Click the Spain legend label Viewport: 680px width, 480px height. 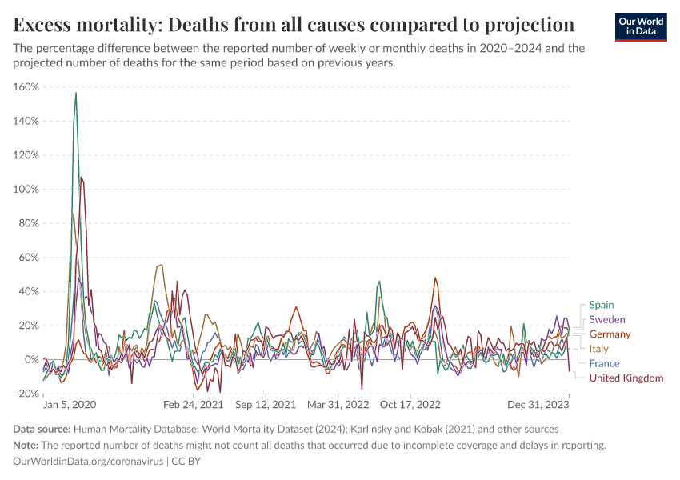click(602, 305)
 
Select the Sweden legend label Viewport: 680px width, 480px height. click(607, 319)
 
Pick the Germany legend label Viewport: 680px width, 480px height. click(610, 334)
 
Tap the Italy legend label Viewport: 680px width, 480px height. click(598, 349)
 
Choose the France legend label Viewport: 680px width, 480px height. click(604, 363)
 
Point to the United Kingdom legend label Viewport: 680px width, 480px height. click(626, 378)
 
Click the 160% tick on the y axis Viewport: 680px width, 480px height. click(27, 86)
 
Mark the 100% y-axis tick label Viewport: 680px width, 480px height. click(27, 189)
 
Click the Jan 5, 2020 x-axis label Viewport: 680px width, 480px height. click(70, 406)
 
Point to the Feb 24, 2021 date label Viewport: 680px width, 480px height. click(194, 406)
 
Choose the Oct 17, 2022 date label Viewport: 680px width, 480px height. click(410, 406)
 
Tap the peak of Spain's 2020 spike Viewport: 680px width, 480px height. click(76, 93)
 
